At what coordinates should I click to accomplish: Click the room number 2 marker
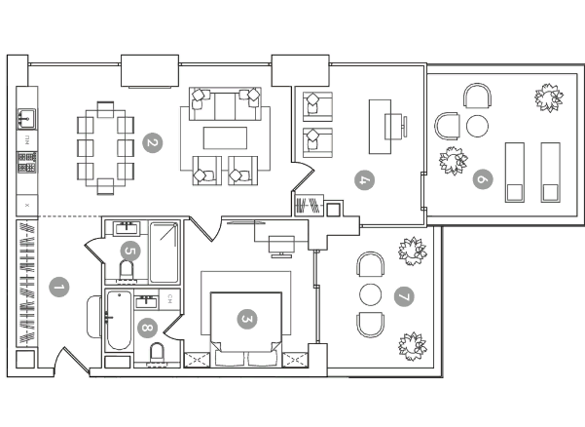[153, 142]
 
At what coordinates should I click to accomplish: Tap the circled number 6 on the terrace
[483, 179]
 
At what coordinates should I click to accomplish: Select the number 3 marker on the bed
[247, 319]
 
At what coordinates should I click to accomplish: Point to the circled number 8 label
[147, 328]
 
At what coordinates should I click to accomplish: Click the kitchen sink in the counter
[27, 118]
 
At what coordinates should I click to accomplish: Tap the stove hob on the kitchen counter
[27, 162]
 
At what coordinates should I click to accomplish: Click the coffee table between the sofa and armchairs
[225, 137]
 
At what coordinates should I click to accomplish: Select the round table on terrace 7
[371, 294]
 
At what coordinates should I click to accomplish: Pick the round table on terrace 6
[477, 126]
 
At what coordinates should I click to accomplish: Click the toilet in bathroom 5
[127, 271]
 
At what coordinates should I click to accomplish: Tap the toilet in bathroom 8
[157, 354]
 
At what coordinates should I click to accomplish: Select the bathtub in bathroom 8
[119, 320]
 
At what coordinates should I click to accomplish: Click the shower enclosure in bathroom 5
[165, 252]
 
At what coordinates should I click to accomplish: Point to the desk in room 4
[381, 127]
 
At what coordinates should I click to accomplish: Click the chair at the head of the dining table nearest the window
[105, 109]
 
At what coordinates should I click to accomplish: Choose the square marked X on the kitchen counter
[27, 205]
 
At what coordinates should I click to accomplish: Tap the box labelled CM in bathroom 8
[169, 299]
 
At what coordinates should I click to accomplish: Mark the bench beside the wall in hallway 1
[94, 317]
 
